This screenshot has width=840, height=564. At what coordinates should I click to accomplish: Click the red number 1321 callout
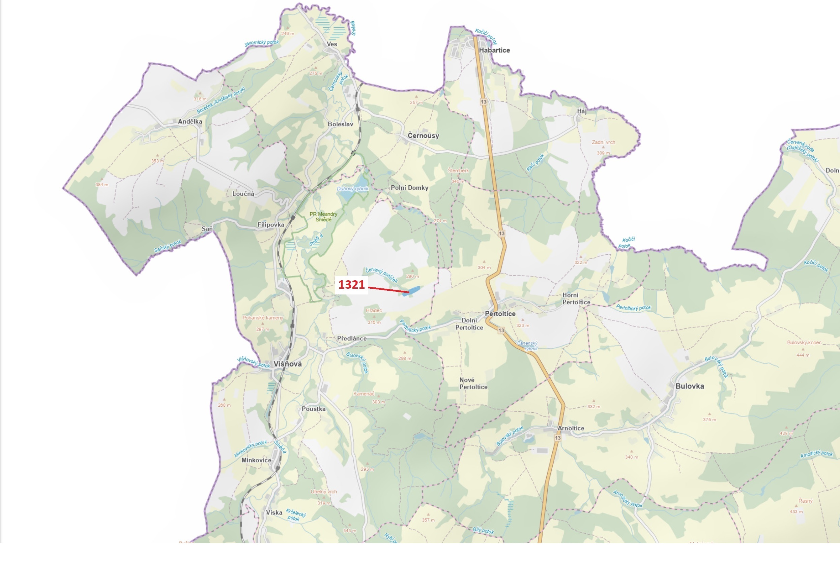[x=352, y=285]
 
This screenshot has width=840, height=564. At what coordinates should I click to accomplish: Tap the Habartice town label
[x=494, y=50]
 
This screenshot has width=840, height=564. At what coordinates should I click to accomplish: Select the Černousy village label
[x=423, y=135]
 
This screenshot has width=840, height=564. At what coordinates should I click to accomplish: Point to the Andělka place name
[x=190, y=122]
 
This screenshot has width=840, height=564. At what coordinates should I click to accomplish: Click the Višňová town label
[x=288, y=364]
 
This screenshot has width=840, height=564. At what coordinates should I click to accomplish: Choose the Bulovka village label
[x=690, y=386]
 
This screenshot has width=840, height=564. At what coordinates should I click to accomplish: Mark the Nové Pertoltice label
[x=473, y=383]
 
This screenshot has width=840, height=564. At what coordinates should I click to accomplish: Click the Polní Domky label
[x=410, y=188]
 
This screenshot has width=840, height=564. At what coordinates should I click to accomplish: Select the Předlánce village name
[x=352, y=339]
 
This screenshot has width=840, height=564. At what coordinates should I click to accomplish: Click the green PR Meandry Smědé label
[x=323, y=217]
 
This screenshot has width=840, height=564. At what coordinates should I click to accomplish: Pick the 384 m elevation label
[x=102, y=185]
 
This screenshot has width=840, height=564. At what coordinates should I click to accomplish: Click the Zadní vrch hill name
[x=604, y=143]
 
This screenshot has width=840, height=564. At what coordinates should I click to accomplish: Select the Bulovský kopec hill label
[x=804, y=343]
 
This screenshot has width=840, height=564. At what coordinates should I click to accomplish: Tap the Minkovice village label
[x=256, y=461]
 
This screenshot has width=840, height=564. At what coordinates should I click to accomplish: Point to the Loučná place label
[x=243, y=194]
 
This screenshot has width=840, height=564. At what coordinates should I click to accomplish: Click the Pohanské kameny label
[x=263, y=318]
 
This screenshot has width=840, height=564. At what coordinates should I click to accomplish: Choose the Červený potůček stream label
[x=381, y=275]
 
